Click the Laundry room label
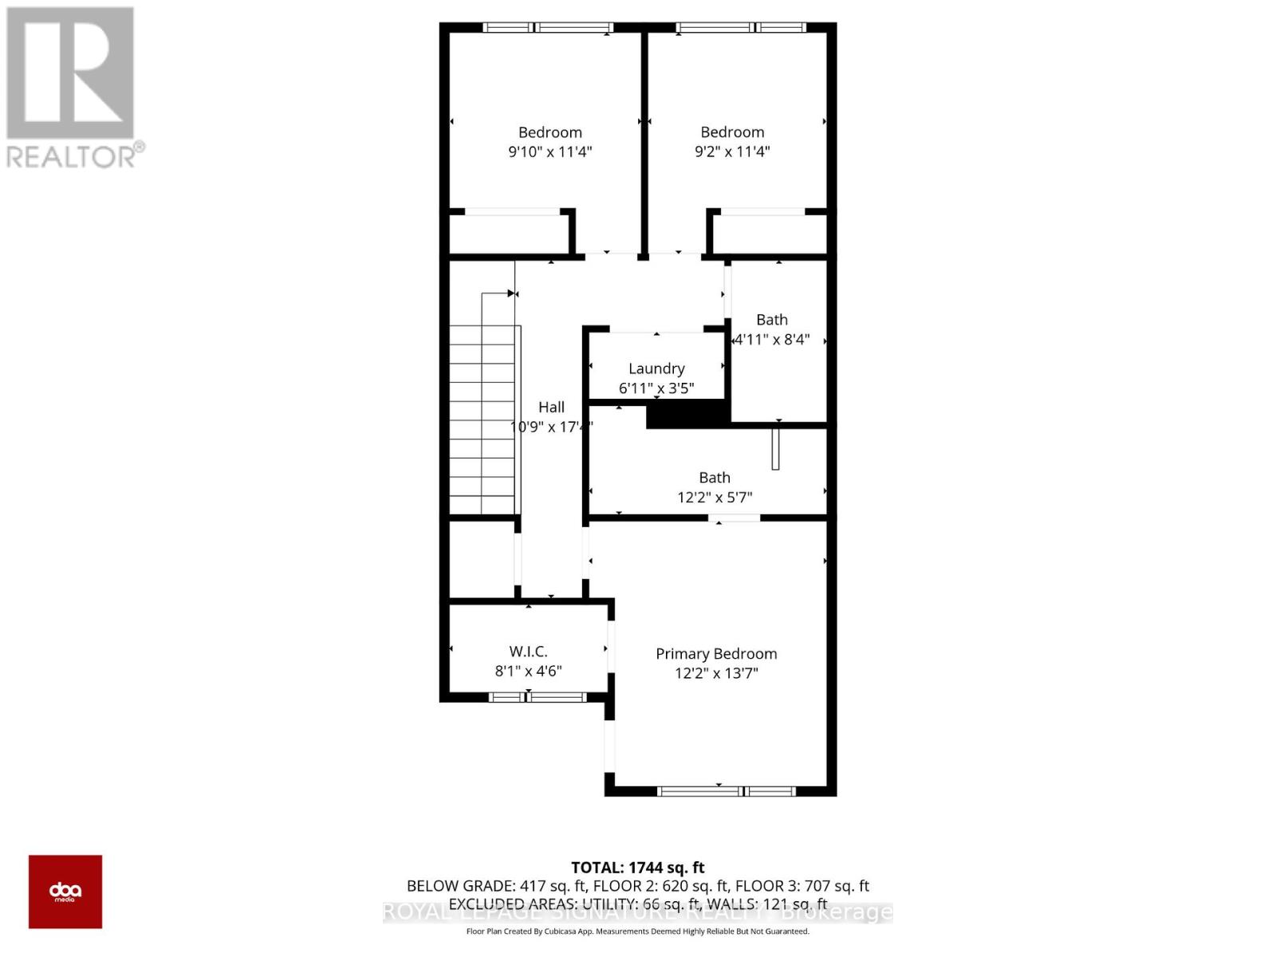[x=656, y=368]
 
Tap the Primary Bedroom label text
[x=716, y=654]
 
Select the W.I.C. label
[x=528, y=652]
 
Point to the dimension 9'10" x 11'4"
[x=550, y=152]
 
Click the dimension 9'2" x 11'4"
[x=732, y=152]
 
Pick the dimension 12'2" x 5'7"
[x=715, y=498]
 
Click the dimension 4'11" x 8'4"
[x=772, y=339]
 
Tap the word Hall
[x=551, y=408]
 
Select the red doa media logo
[x=65, y=892]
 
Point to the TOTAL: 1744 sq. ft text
[x=638, y=868]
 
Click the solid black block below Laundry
[x=687, y=414]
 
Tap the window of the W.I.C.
[x=538, y=698]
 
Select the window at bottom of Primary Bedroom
[x=727, y=791]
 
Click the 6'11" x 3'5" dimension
[x=656, y=388]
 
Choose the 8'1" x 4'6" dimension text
[x=528, y=671]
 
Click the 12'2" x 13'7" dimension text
[x=716, y=673]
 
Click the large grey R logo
[x=70, y=73]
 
